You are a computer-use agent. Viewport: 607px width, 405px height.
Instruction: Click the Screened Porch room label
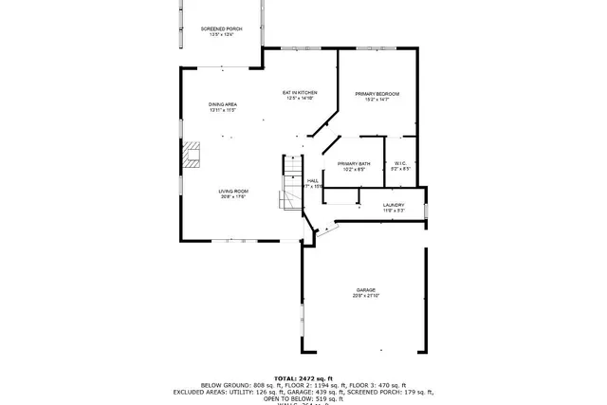coord(221,29)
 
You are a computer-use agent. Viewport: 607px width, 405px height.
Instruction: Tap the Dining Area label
coord(223,104)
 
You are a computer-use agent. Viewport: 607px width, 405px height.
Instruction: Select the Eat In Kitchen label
coord(299,92)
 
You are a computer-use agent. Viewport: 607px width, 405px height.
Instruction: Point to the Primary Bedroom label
coord(377,94)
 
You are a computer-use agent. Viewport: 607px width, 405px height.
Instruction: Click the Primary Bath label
coord(352,164)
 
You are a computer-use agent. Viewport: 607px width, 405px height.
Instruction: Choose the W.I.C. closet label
coord(399,164)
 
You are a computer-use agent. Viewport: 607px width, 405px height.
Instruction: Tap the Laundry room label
coord(394,205)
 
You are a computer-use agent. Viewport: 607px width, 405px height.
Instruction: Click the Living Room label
coord(233,192)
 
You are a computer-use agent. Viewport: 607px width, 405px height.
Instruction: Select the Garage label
coord(366,290)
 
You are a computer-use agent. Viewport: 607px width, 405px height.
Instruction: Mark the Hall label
coord(312,180)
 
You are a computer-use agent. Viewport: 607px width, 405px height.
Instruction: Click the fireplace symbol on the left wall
coord(193,155)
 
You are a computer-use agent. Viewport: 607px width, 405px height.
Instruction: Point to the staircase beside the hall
coord(289,185)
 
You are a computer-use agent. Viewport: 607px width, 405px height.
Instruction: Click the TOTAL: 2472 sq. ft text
coord(303,377)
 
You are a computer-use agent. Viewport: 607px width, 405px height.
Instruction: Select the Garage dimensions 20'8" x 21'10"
coord(366,296)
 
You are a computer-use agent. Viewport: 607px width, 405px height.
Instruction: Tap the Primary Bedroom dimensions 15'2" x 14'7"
coord(377,100)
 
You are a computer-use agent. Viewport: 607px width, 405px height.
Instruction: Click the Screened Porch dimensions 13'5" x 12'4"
coord(221,35)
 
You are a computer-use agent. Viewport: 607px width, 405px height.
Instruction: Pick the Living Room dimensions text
coord(233,197)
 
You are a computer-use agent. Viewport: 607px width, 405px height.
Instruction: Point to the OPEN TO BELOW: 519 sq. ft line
coord(303,398)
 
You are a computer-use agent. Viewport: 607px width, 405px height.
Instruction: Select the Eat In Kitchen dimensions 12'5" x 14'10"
coord(299,98)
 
